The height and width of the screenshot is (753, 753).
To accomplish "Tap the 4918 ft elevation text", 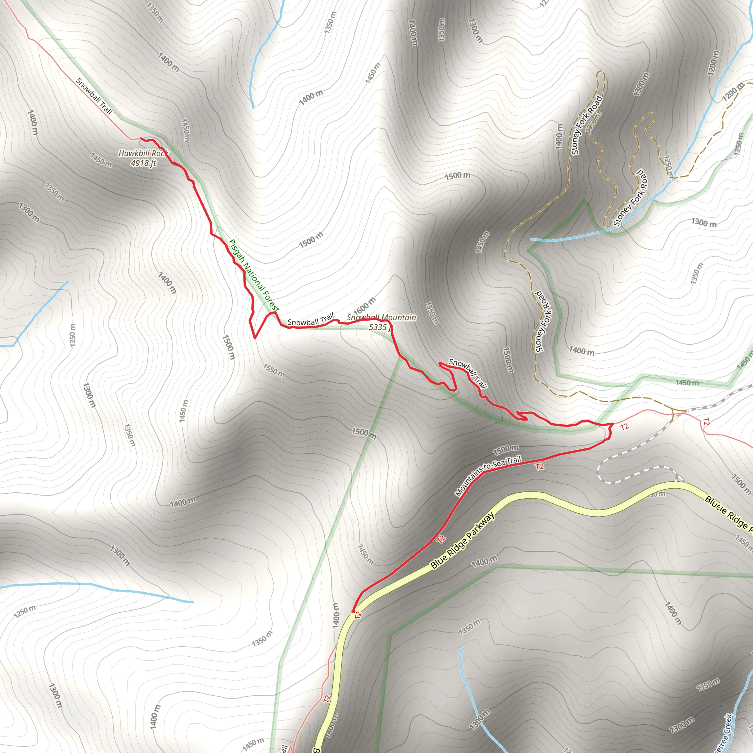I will pos(143,163).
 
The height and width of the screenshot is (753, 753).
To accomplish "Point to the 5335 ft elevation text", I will pos(381,327).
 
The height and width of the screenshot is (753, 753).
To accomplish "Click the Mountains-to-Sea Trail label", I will pos(488,477).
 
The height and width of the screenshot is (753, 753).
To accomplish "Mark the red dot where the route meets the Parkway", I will pos(353,611).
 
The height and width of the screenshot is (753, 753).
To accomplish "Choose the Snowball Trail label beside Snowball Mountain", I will pos(311,320).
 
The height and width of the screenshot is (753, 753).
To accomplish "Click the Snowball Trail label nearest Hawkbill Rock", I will pos(94,96).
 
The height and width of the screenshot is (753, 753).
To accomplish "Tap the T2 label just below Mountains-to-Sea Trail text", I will pos(539,467).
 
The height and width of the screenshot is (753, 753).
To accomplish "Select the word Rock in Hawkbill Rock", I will pos(160,153).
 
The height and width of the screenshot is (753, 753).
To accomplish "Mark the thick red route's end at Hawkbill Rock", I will pos(141,139).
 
